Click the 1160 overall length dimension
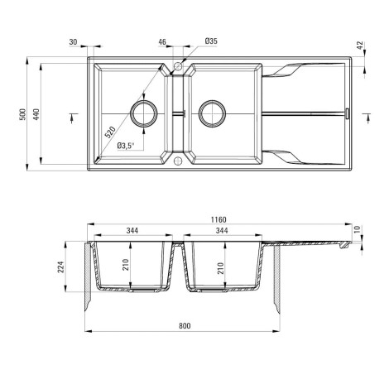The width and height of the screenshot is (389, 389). click(219, 219)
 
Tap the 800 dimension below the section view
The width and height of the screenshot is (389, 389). click(185, 326)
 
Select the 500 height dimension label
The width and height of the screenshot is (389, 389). click(23, 114)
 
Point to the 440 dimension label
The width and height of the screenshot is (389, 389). click(36, 114)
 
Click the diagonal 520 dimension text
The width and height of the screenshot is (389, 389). click(109, 132)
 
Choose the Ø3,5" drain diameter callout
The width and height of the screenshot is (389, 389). click(126, 146)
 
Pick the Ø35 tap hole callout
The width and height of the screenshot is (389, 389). click(211, 41)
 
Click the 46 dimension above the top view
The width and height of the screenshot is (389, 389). click(162, 42)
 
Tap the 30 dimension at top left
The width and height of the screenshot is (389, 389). click(73, 42)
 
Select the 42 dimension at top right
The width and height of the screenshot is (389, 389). click(360, 46)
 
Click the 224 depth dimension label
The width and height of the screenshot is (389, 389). click(60, 267)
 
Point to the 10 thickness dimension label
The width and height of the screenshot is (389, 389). click(357, 229)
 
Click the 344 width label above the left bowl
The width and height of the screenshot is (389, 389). click(132, 230)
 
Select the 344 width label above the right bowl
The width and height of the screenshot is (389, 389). click(222, 230)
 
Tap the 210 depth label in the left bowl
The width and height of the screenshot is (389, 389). click(126, 265)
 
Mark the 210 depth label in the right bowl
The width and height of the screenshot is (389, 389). click(221, 268)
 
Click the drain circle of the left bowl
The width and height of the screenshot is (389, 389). click(144, 102)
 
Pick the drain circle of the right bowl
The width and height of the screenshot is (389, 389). click(213, 101)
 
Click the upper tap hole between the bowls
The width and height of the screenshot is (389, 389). click(178, 63)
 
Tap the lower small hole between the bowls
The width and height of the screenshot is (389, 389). click(178, 157)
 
